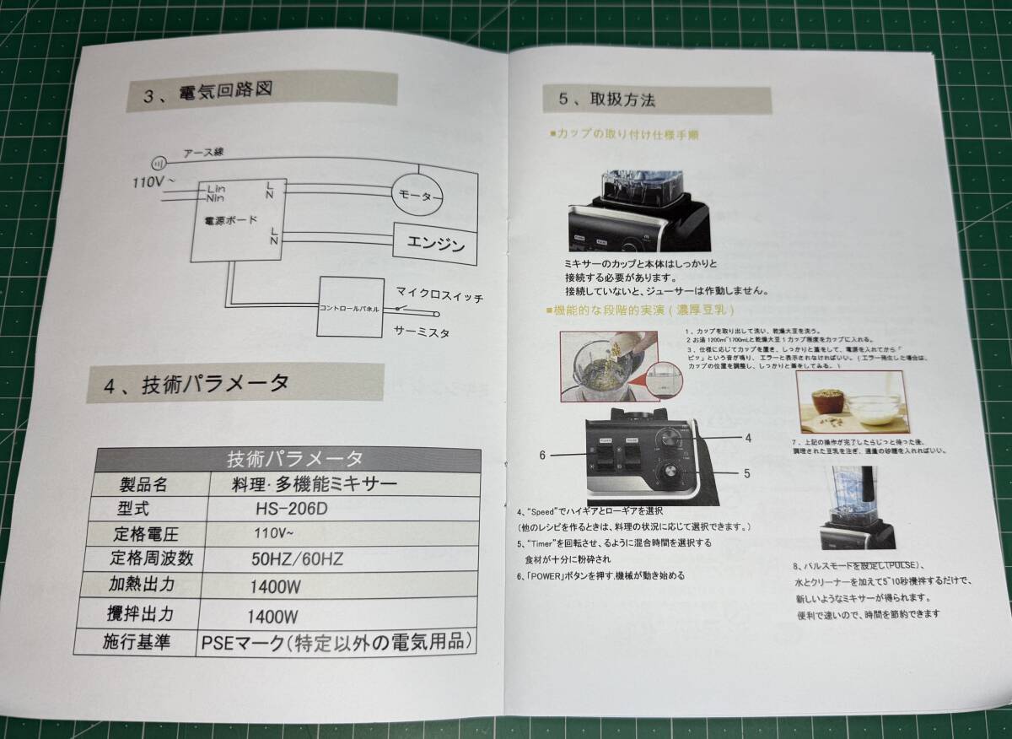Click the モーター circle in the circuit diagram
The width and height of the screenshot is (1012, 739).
point(418,195)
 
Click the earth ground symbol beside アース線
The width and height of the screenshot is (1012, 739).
point(156,164)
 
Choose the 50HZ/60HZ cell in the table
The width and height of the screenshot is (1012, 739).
point(298,558)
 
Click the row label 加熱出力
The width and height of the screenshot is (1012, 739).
point(143,585)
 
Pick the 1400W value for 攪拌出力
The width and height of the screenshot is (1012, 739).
point(273,616)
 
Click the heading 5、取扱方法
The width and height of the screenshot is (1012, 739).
point(607,100)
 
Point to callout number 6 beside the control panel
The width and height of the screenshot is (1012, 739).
point(544,455)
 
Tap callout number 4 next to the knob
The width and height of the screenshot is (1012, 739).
point(747,438)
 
